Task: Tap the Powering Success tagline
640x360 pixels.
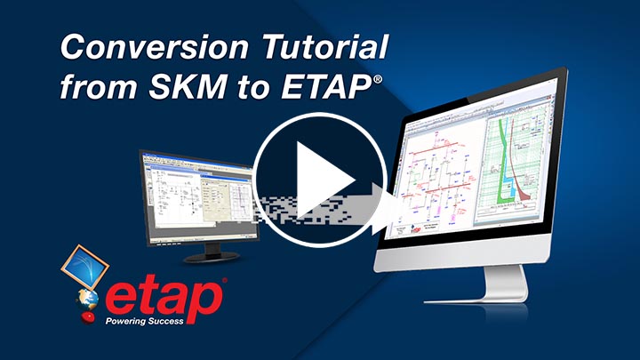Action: [x=145, y=323]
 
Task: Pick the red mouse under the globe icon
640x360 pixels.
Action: [x=89, y=317]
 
